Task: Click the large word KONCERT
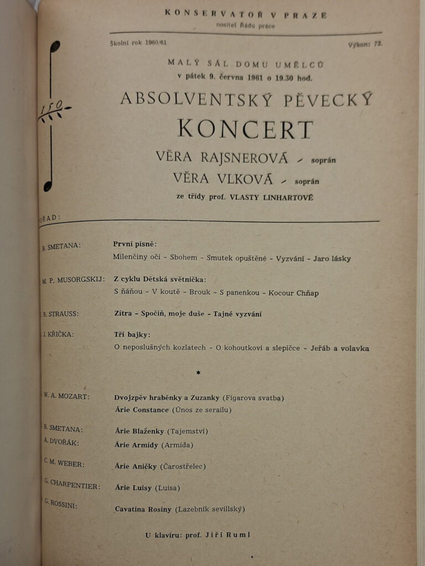245,129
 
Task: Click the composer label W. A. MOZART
67,396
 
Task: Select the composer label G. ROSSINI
61,504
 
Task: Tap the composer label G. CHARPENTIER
72,485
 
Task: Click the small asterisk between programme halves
199,373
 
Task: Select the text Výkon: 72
365,44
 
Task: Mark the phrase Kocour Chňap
293,293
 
